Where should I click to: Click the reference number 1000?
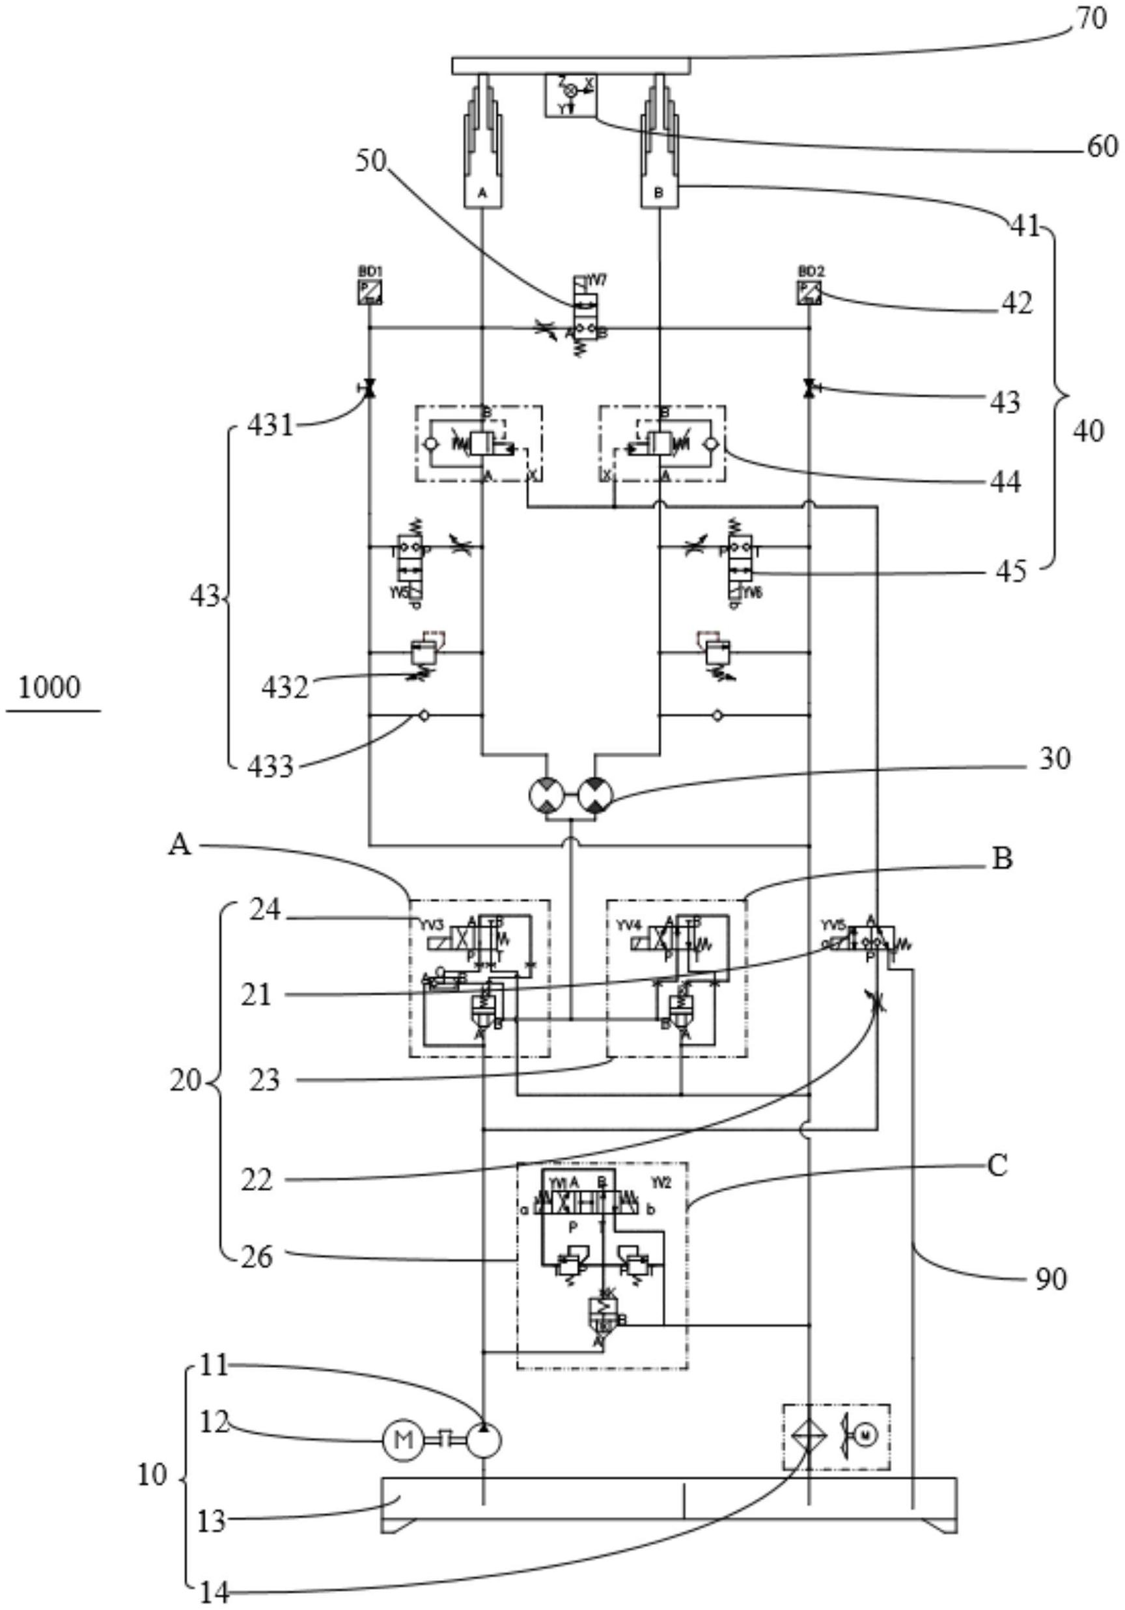pos(49,687)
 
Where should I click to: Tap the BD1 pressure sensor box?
pos(370,292)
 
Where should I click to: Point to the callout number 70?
pos(1090,19)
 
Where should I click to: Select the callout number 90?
pos(1050,1279)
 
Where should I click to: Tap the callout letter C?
pos(997,1166)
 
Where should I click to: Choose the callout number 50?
pos(370,161)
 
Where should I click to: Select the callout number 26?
pos(257,1257)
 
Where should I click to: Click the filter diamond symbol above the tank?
pos(809,1436)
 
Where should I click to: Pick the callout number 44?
pos(1005,482)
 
